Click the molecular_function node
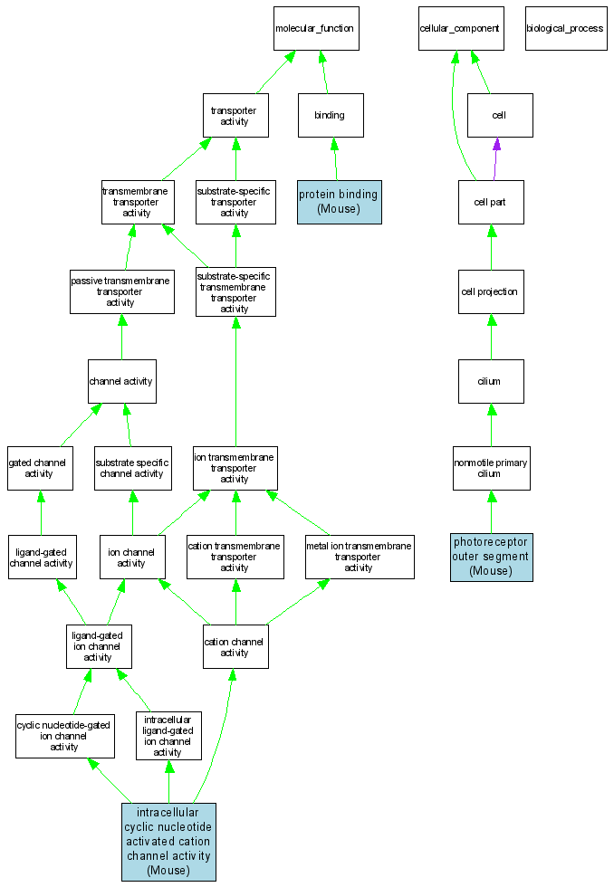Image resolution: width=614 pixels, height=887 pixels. coord(316,29)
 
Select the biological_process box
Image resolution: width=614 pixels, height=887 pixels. coord(564,29)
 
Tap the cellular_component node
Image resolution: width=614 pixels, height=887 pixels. coord(459,29)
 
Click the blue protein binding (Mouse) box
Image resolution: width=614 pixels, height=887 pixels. coord(339,201)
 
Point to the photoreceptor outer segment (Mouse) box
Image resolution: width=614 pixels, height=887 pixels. coord(491,557)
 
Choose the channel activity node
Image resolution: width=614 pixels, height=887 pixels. coord(121,381)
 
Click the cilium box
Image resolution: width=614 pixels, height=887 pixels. coord(490,381)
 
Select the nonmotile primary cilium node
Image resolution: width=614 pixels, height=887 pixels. coord(491,469)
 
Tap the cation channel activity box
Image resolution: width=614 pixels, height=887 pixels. coord(235,647)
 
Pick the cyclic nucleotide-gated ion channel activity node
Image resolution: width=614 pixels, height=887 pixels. coord(64,736)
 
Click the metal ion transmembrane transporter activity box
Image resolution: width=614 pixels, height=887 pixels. coord(359,557)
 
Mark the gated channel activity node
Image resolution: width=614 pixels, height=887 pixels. coord(40,468)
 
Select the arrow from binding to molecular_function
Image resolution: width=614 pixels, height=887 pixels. coord(326,72)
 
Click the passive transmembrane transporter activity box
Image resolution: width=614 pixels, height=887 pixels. coord(121,291)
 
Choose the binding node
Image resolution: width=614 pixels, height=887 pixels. coord(331,116)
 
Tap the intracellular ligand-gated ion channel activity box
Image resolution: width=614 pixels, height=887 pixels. coord(168,736)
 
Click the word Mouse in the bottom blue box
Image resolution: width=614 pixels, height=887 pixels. coord(168,871)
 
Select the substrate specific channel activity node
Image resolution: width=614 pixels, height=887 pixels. coord(132,468)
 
